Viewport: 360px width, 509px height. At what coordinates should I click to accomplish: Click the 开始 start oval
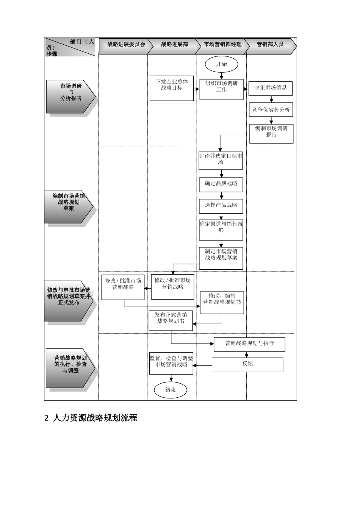tap(221, 64)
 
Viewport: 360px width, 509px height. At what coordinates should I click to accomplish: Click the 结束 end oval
tap(171, 390)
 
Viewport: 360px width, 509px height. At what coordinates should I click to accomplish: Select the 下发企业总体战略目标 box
tap(172, 88)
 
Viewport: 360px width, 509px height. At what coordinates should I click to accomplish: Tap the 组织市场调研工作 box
tap(221, 89)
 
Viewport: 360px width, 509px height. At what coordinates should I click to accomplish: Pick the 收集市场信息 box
tap(270, 88)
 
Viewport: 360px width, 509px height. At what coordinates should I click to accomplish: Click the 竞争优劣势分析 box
tap(271, 110)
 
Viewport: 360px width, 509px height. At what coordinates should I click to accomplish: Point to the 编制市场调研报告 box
tap(271, 133)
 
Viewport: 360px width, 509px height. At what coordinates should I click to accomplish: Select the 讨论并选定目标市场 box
tap(221, 161)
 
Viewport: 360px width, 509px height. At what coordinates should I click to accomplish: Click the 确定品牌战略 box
tap(221, 184)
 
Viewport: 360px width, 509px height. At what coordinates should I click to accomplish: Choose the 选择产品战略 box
tap(221, 206)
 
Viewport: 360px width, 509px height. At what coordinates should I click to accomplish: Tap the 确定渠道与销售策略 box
tap(221, 230)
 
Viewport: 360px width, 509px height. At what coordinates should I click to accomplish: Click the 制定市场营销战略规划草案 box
tap(221, 258)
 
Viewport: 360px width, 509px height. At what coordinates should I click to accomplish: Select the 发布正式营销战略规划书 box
tap(171, 320)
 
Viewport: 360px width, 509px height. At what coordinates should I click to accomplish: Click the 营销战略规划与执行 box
tap(249, 344)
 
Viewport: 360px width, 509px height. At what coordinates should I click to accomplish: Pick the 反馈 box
tap(247, 365)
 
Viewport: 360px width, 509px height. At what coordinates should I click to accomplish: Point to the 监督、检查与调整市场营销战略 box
tap(171, 363)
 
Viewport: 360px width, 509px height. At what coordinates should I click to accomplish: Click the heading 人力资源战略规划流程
tap(95, 418)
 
